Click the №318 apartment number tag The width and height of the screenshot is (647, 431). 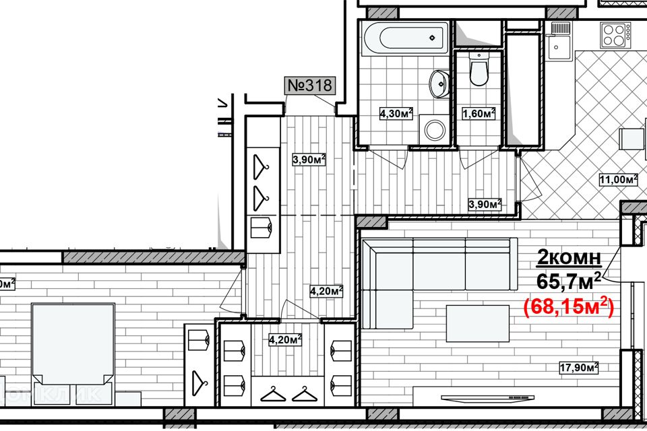pos(310,86)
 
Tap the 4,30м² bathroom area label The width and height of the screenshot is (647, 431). pos(396,114)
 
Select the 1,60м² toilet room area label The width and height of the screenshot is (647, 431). pos(479,114)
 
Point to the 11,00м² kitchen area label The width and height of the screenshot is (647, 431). pos(618,180)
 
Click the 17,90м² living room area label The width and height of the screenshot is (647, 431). pos(579,367)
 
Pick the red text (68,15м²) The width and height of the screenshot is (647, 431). pos(568,307)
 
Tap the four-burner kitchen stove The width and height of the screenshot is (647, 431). pos(616,34)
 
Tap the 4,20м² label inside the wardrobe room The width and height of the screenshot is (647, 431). pos(284,339)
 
